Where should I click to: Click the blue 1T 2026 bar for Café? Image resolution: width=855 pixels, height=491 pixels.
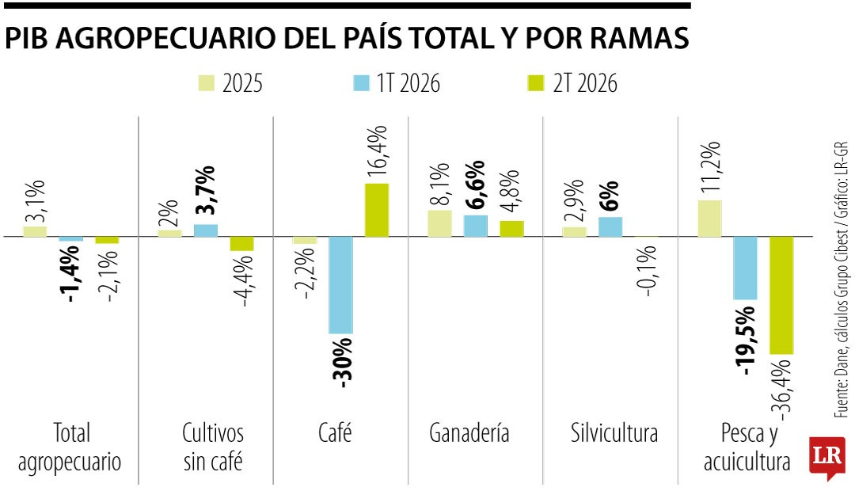(x=340, y=285)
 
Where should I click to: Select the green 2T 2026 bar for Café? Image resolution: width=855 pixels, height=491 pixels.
(x=377, y=210)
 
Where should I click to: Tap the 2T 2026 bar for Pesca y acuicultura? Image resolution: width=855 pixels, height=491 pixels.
(x=781, y=295)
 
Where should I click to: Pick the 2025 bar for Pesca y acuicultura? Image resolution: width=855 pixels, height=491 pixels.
(x=709, y=219)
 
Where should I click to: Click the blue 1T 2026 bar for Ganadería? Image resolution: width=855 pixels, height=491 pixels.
(x=476, y=226)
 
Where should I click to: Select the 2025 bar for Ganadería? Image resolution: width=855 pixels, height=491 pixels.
(x=439, y=223)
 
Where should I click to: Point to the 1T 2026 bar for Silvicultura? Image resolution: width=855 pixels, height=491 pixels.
(x=610, y=227)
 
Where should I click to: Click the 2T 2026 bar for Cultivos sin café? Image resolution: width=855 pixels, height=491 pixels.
(x=242, y=244)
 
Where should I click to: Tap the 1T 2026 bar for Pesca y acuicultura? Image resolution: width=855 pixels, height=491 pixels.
(x=746, y=268)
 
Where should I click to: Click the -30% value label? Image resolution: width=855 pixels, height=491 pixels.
(x=342, y=363)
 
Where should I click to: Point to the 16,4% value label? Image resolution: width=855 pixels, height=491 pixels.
(x=377, y=150)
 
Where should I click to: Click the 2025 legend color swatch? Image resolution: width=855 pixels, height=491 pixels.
(x=206, y=83)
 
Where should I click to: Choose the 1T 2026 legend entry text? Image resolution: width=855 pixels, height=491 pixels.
(x=408, y=83)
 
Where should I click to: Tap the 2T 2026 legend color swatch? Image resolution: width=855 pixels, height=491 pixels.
(x=536, y=83)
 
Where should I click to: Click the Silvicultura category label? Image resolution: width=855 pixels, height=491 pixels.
(x=614, y=433)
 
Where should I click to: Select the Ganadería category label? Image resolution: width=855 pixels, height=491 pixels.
(x=469, y=433)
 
